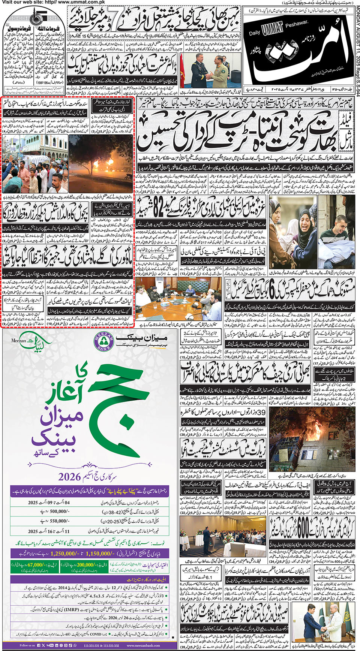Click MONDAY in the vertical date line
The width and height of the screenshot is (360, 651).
(356, 15)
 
